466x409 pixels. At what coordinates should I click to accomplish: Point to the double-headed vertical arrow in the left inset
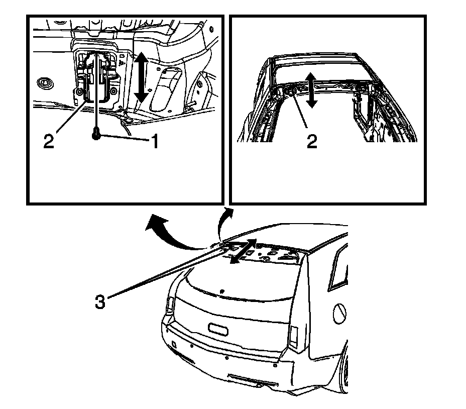pyautogui.click(x=142, y=78)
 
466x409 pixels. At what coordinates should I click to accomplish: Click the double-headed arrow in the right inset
pyautogui.click(x=312, y=89)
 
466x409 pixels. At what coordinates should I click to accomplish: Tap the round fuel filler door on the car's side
pyautogui.click(x=339, y=314)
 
